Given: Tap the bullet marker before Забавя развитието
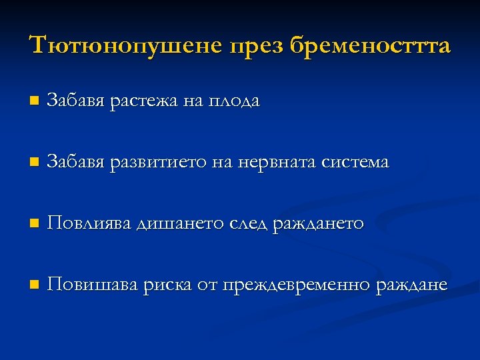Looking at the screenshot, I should [x=33, y=163].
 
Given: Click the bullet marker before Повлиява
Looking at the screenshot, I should [x=33, y=224].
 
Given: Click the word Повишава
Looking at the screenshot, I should [x=93, y=285].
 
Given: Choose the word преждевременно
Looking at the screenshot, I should [x=297, y=285].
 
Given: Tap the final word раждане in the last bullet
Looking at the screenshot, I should [x=412, y=285].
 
